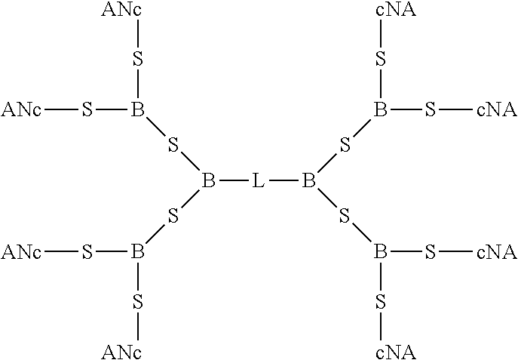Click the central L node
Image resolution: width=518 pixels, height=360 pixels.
pyautogui.click(x=259, y=181)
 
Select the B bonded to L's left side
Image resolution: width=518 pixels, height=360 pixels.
pyautogui.click(x=209, y=181)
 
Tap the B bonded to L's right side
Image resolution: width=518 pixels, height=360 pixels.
pyautogui.click(x=308, y=181)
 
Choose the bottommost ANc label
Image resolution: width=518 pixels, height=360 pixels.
pyautogui.click(x=121, y=351)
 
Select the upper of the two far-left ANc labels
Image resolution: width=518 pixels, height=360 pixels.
pyautogui.click(x=21, y=110)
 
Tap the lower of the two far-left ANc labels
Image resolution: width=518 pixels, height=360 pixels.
pyautogui.click(x=21, y=251)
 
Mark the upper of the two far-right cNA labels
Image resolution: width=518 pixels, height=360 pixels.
pyautogui.click(x=496, y=110)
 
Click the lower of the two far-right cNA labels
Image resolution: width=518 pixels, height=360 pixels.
pyautogui.click(x=496, y=251)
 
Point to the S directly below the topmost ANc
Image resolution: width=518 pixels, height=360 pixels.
pyautogui.click(x=138, y=60)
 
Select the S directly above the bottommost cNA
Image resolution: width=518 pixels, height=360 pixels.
pyautogui.click(x=381, y=302)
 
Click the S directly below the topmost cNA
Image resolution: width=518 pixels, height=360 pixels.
pyautogui.click(x=381, y=60)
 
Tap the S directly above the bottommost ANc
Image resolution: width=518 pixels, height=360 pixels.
pyautogui.click(x=138, y=302)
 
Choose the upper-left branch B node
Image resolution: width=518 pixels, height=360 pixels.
pyautogui.click(x=137, y=110)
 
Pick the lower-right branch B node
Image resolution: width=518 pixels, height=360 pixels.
pyautogui.click(x=381, y=251)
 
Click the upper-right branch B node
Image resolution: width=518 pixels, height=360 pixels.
pyautogui.click(x=381, y=110)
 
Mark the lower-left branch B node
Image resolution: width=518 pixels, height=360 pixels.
pyautogui.click(x=137, y=251)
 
